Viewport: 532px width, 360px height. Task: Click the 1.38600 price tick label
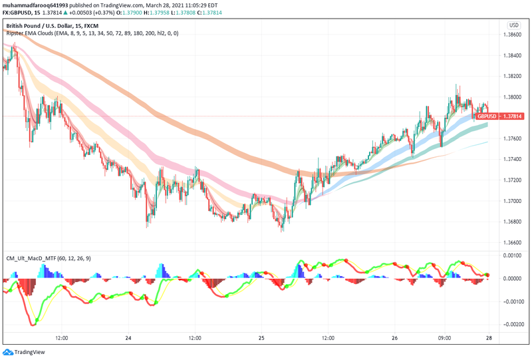coord(513,35)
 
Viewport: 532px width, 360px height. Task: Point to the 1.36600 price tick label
coord(513,243)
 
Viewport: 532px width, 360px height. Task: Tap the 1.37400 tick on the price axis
coord(513,160)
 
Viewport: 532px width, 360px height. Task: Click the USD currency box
coord(513,25)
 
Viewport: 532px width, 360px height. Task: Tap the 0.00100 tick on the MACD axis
coord(513,256)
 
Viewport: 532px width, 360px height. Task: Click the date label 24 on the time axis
coord(128,338)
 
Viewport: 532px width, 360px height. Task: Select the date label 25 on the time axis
coord(261,338)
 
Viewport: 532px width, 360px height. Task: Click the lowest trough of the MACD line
coord(33,324)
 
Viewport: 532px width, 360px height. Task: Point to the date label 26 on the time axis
coord(394,338)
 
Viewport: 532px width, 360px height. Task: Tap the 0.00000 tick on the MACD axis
coord(513,279)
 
